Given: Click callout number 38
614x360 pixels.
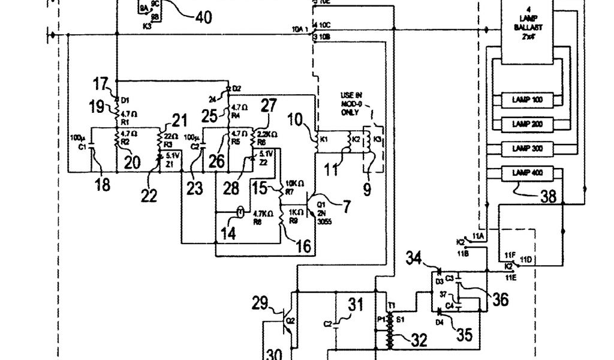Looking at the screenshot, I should (547, 196).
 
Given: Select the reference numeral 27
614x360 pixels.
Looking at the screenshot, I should (269, 106).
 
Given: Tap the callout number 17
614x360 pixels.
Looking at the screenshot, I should (100, 82).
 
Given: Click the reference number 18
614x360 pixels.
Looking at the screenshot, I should (103, 185).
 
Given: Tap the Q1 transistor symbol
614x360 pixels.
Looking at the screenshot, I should (312, 205).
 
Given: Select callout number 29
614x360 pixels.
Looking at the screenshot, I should (260, 304).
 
